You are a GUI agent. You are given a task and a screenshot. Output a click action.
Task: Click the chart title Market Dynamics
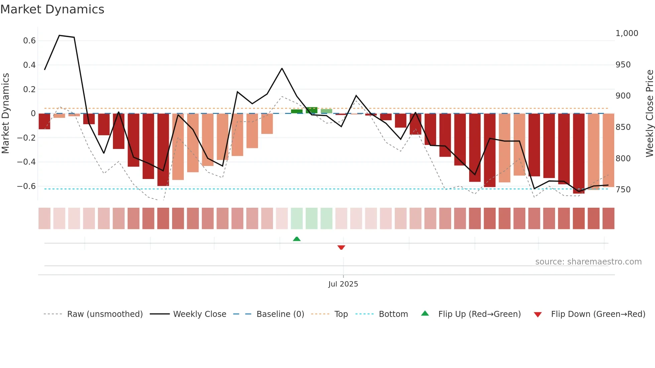coord(52,9)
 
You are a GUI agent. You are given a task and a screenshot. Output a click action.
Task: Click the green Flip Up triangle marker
coord(297,239)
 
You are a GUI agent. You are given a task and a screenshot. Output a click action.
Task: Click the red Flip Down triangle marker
coord(341,247)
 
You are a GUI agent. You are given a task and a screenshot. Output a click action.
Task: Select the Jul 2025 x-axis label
coord(343,284)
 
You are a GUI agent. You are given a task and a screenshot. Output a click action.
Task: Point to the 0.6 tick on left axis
coord(29,41)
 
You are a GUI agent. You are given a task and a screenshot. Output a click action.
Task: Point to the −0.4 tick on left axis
coord(26,162)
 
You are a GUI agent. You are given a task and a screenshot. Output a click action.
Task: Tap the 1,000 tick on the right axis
coord(627,33)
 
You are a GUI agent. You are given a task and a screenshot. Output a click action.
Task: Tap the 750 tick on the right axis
coord(623,190)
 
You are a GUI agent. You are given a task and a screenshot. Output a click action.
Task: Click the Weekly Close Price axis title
coord(649,114)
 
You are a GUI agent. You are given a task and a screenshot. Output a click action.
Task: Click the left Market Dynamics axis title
coord(5,114)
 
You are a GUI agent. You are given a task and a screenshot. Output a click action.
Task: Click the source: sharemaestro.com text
coord(588,262)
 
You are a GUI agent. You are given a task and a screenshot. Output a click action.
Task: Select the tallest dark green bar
coord(311,110)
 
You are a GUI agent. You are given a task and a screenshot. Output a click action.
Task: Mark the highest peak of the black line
coord(59,35)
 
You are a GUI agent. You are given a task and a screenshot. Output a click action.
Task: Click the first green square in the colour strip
coord(297,218)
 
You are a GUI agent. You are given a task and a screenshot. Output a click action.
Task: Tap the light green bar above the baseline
coord(326,111)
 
